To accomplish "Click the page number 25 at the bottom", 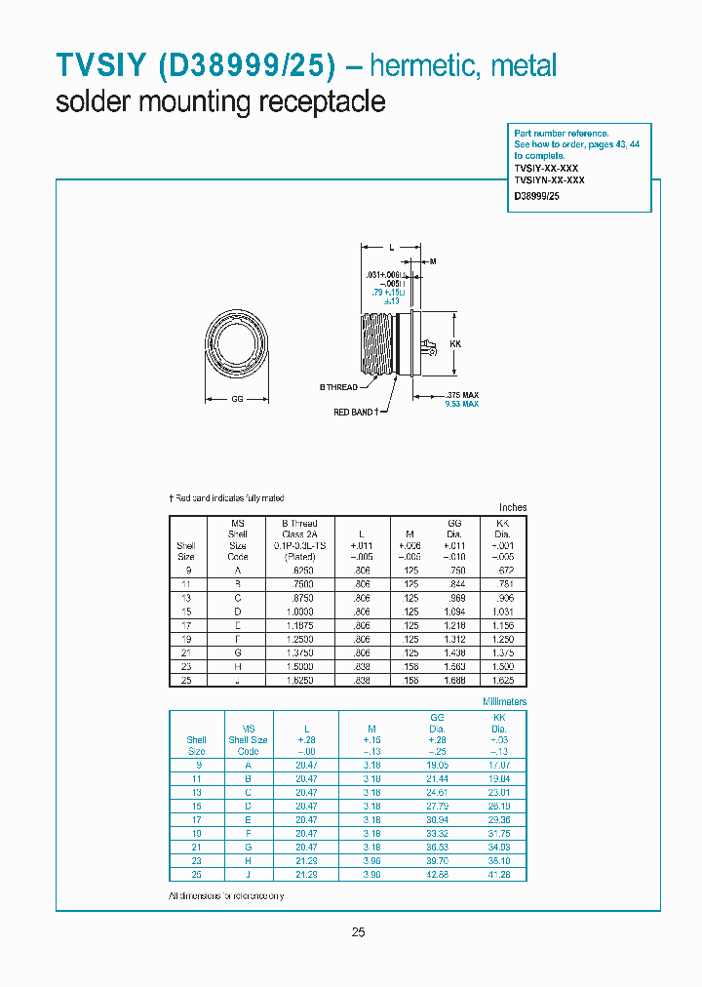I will tap(358, 932).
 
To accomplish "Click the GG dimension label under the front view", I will tap(237, 400).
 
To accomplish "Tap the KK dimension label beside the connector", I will tap(454, 345).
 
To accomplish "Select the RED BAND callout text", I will tap(355, 413).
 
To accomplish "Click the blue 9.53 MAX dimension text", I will tap(461, 404).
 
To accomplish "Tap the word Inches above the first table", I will tap(512, 508).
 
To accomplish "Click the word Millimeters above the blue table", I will tap(505, 701).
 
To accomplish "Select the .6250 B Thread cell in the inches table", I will tap(299, 570).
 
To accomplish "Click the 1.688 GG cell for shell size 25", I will tap(454, 681).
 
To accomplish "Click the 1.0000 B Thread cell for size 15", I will tap(299, 612).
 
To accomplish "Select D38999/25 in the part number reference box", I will tap(536, 196).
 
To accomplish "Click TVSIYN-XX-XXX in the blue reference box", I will tap(550, 179).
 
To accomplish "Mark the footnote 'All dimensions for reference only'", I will tap(226, 895).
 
